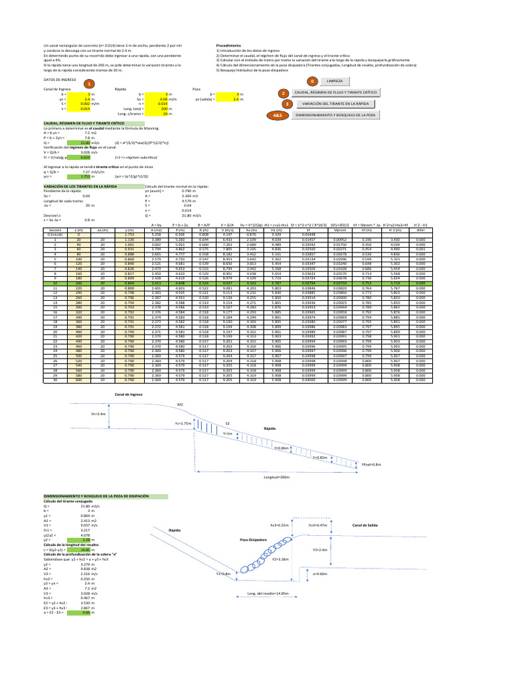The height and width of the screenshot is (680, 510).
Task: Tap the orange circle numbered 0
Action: [x=310, y=80]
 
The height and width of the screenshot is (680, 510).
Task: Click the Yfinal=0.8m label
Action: [x=370, y=464]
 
